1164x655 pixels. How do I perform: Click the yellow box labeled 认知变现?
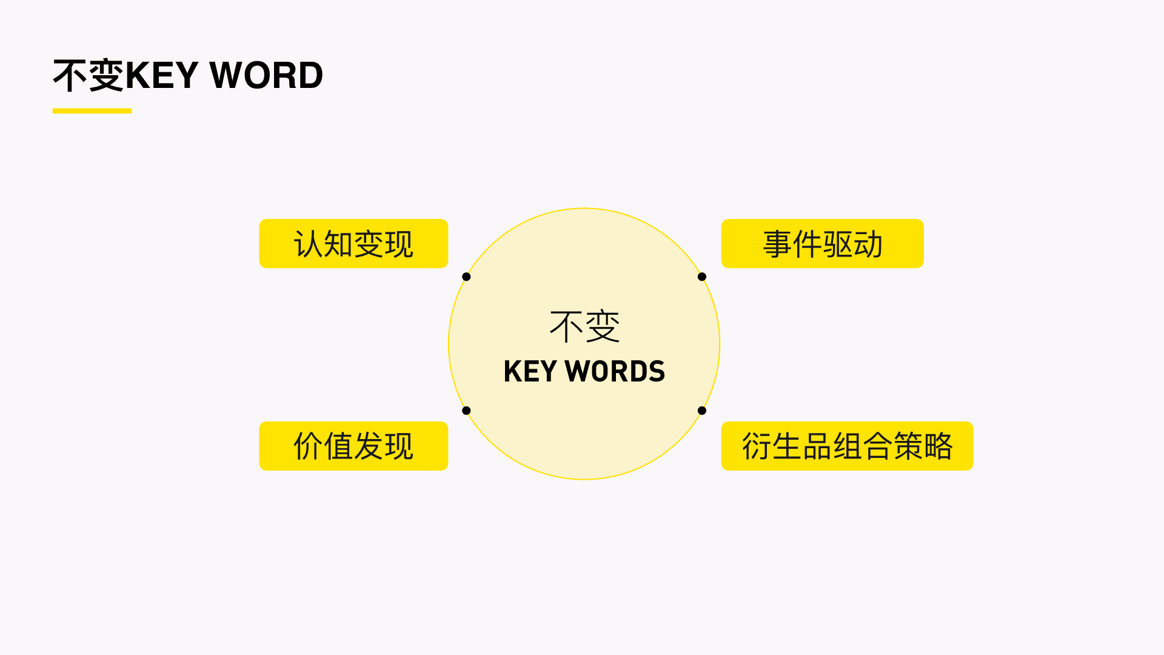click(353, 243)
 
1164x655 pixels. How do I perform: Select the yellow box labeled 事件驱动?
click(822, 243)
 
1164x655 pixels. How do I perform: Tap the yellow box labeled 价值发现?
click(353, 446)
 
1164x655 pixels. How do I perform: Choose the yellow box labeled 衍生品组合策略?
click(847, 446)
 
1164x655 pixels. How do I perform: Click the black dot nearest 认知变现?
click(466, 277)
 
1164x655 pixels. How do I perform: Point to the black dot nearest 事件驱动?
click(702, 277)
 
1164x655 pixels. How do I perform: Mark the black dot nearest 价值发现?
click(466, 411)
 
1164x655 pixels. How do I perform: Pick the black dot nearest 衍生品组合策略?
click(702, 411)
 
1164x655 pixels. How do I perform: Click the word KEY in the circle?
click(530, 371)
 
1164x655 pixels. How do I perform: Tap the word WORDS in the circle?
click(615, 371)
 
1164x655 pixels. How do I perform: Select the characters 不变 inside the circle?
click(584, 326)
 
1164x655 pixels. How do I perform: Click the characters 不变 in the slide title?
click(89, 75)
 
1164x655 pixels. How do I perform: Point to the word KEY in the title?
click(162, 75)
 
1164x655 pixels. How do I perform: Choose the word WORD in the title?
click(266, 75)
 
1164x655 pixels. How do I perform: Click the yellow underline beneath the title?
click(92, 111)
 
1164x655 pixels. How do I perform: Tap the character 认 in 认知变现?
click(308, 244)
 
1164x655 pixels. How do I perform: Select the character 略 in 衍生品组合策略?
click(938, 446)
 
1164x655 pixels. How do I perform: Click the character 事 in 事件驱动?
click(777, 244)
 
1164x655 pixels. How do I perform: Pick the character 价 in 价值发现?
click(308, 446)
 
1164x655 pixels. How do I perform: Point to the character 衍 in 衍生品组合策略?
click(757, 446)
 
